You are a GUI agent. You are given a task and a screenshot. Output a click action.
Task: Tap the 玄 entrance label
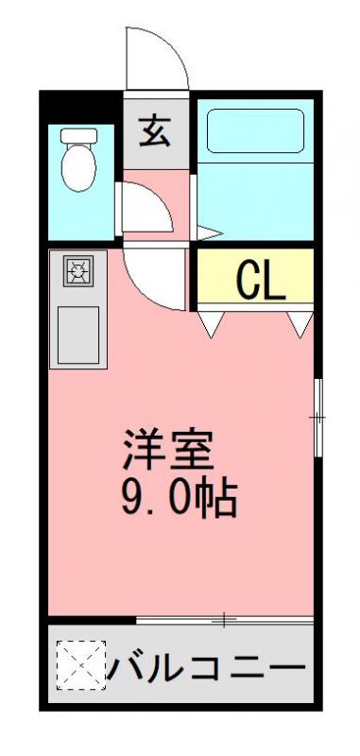[156, 131]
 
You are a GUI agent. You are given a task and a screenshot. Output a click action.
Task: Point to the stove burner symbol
[77, 273]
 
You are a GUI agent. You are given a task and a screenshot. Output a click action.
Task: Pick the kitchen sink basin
[79, 335]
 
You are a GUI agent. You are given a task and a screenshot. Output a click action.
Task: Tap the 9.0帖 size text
[178, 497]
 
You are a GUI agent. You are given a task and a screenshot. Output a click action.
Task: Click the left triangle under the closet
[211, 324]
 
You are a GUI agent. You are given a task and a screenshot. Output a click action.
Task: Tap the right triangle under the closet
[300, 324]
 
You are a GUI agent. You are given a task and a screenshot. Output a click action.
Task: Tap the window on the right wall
[317, 416]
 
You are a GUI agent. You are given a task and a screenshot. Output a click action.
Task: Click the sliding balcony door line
[224, 620]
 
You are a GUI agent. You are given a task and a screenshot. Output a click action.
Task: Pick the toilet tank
[77, 136]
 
